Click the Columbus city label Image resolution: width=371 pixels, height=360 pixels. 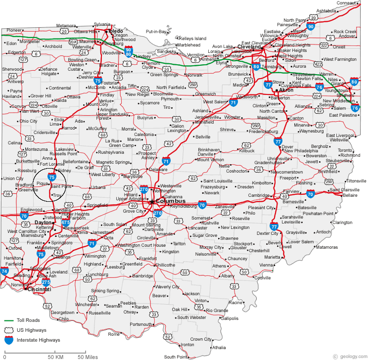click(x=170, y=201)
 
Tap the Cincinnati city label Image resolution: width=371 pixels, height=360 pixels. click(x=39, y=289)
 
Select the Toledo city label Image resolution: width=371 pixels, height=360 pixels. click(x=115, y=31)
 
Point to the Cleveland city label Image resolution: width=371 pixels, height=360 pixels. click(x=249, y=47)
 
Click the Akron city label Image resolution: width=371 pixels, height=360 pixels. click(x=286, y=90)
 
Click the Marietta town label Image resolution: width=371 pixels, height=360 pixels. click(x=272, y=257)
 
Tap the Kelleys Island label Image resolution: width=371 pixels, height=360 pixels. click(x=193, y=38)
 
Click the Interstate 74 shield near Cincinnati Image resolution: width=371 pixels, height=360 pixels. click(x=4, y=271)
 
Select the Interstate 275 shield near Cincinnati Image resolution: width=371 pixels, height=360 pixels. click(x=46, y=282)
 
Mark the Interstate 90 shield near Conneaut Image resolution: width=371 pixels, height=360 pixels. click(x=310, y=27)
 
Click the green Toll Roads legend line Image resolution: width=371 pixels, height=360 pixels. click(x=8, y=320)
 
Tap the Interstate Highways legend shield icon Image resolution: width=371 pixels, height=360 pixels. click(x=8, y=340)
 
